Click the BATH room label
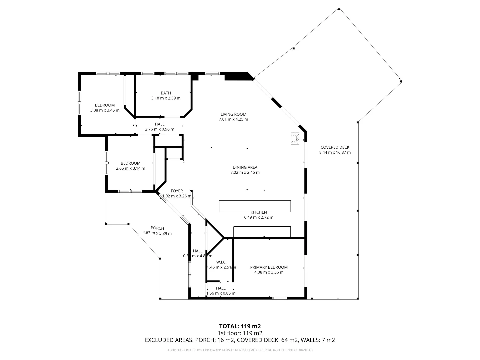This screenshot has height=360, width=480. click(x=166, y=93)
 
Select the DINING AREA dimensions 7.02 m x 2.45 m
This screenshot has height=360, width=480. click(x=245, y=173)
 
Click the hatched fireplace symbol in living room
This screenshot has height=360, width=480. click(x=294, y=138)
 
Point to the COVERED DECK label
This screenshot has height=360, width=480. click(x=335, y=147)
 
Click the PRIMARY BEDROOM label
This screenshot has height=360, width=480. click(x=269, y=267)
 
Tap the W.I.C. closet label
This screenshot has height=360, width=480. click(x=221, y=262)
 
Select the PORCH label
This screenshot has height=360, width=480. click(x=157, y=228)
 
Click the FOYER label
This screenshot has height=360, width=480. click(x=177, y=191)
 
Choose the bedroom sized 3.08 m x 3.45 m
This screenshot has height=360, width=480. click(x=105, y=108)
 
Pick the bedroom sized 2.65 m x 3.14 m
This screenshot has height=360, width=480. click(x=130, y=166)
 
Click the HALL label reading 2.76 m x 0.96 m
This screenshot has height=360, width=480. click(x=159, y=127)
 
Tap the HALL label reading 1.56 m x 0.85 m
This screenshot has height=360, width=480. click(x=221, y=291)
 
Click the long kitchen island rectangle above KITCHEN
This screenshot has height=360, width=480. click(x=255, y=206)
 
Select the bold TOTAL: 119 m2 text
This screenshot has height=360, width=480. click(x=240, y=326)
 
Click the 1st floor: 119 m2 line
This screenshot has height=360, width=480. click(x=240, y=333)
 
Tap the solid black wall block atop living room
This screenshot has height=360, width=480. click(x=237, y=77)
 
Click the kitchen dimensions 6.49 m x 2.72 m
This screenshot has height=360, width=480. click(x=259, y=217)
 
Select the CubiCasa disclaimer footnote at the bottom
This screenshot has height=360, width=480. click(x=240, y=350)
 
